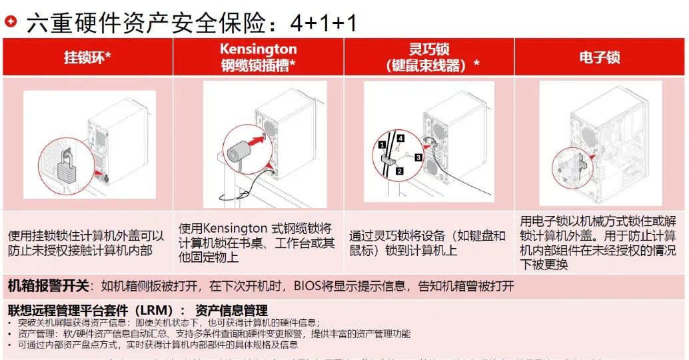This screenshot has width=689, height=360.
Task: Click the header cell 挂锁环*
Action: tap(87, 57)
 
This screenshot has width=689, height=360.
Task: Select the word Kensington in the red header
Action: tap(258, 49)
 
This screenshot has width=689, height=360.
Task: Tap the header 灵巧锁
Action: tap(428, 49)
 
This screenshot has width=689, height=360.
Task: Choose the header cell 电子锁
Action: tap(599, 57)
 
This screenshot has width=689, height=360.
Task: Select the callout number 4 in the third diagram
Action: tap(400, 138)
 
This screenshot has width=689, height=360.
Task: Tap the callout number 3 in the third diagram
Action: tap(418, 157)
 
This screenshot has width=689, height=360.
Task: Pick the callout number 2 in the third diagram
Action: tap(399, 171)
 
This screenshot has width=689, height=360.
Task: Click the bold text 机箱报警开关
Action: tap(48, 286)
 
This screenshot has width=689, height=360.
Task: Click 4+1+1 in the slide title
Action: tap(324, 23)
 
